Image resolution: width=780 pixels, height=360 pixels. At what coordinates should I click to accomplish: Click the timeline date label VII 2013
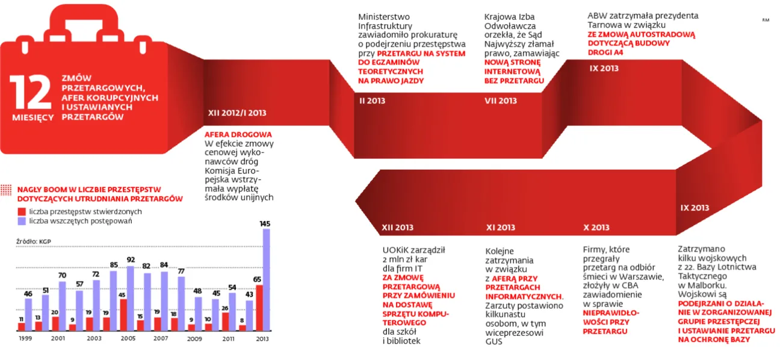[501, 101]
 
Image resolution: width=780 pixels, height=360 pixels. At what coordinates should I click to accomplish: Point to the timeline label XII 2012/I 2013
[237, 113]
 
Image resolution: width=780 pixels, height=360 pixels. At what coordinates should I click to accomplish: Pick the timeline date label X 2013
[596, 228]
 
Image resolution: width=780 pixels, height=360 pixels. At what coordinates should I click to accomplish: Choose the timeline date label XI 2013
[501, 228]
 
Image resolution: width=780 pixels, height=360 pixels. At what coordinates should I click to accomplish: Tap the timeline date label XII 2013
[398, 228]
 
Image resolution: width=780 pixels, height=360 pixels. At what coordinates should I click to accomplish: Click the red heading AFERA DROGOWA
[238, 134]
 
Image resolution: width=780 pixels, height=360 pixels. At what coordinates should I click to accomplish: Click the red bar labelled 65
[259, 308]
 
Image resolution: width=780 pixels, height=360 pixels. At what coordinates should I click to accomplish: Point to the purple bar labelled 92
[130, 298]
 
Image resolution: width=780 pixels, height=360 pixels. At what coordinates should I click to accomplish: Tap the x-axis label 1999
[25, 339]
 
